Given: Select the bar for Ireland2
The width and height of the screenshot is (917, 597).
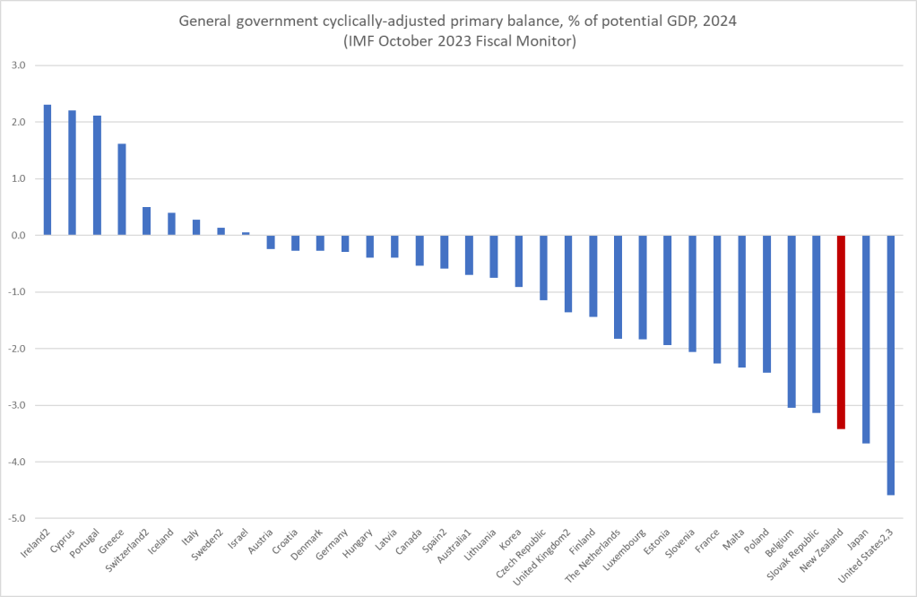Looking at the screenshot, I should pyautogui.click(x=48, y=170).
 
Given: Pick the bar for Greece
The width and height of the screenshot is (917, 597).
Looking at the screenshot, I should pyautogui.click(x=122, y=189).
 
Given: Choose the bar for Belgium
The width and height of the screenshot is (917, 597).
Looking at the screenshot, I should pyautogui.click(x=791, y=321).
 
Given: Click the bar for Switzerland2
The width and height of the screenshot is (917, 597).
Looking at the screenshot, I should pyautogui.click(x=146, y=221).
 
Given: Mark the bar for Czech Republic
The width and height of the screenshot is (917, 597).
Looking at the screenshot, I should pyautogui.click(x=543, y=267).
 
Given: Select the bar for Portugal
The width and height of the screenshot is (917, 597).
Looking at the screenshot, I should pyautogui.click(x=97, y=176).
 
